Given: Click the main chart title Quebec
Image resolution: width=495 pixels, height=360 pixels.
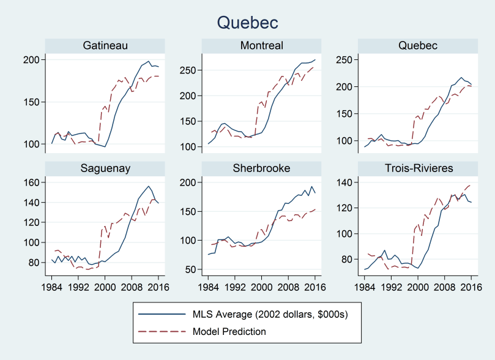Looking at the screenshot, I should (247, 23).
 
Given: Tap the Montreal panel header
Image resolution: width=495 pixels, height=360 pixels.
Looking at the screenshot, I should (262, 46).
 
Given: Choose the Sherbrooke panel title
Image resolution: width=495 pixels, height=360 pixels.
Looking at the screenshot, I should (262, 169).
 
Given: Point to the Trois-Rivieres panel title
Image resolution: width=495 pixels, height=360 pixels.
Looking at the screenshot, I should (419, 169).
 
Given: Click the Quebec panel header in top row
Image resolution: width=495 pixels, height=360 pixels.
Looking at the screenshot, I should (419, 46).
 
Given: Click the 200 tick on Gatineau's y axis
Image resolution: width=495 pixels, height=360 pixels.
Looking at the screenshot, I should (32, 60).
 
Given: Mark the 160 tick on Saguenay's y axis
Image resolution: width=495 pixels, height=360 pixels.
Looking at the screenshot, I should (32, 182).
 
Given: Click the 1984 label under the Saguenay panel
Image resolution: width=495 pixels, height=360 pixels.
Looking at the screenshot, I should (52, 285).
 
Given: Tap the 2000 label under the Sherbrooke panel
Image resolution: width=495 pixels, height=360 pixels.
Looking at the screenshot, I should (262, 285).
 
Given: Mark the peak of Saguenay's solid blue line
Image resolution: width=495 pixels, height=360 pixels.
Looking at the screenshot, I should (148, 186).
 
